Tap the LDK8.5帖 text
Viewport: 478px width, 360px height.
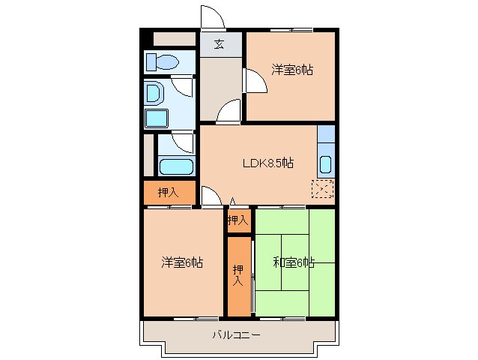[x=267, y=163]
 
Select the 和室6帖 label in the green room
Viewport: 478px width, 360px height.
[x=293, y=262]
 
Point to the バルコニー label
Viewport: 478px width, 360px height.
[x=236, y=335]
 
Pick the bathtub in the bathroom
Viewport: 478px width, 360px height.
[x=177, y=166]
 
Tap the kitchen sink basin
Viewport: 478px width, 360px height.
[x=326, y=163]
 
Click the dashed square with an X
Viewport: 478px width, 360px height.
[x=324, y=190]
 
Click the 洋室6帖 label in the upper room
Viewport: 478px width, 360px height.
[x=291, y=70]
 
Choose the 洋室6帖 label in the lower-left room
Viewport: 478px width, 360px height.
[x=182, y=262]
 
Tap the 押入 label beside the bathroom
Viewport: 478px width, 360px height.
[x=168, y=193]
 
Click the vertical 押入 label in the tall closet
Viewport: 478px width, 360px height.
[x=238, y=275]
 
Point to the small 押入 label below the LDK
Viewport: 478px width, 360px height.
[x=238, y=220]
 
